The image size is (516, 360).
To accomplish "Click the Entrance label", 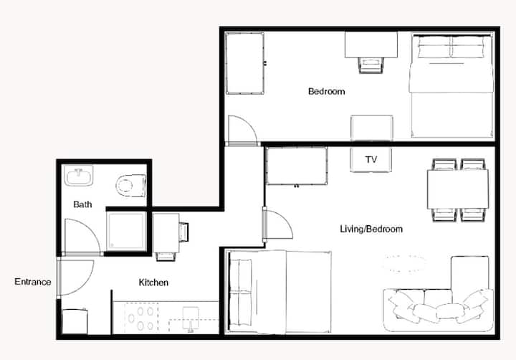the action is coord(32,282).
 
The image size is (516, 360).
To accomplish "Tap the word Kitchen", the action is coord(153,283).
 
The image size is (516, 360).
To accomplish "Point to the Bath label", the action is coord(82,204).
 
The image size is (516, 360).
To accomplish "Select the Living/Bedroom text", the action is coord(371,229).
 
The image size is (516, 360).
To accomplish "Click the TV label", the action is coord(371,160).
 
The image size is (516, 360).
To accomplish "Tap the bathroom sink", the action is coord(78,176).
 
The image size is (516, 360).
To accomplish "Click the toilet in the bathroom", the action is coord(130,186).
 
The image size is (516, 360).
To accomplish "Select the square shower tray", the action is coord(126,232).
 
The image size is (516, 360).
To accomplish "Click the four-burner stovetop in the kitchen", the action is coord(141,318).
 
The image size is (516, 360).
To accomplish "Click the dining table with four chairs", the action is coord(458,190).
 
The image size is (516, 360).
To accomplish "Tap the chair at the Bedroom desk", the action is coord(371,65).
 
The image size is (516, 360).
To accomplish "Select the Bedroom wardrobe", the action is coord(245,63).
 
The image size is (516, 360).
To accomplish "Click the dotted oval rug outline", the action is coord(404,263).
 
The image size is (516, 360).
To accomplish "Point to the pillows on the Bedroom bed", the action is coord(451,47).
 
